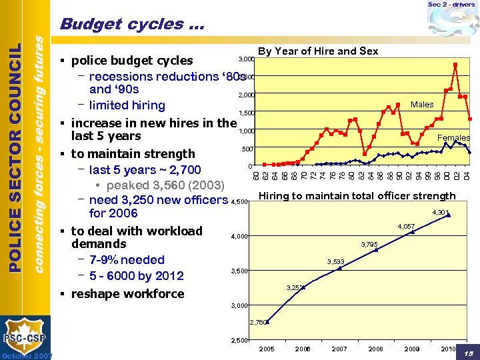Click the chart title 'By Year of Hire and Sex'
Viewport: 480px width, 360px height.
pyautogui.click(x=317, y=51)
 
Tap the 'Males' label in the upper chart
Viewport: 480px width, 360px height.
pyautogui.click(x=421, y=105)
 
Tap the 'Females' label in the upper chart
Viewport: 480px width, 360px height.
pyautogui.click(x=453, y=138)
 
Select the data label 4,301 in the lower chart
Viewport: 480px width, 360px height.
pyautogui.click(x=440, y=213)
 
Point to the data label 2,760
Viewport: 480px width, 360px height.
pyautogui.click(x=259, y=322)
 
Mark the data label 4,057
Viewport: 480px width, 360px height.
pyautogui.click(x=405, y=227)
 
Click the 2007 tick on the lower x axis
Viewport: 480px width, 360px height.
pyautogui.click(x=339, y=349)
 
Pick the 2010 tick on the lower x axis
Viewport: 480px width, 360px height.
pyautogui.click(x=448, y=349)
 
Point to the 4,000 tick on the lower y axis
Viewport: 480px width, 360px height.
pyautogui.click(x=239, y=237)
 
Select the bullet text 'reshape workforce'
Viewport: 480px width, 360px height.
pyautogui.click(x=127, y=294)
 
